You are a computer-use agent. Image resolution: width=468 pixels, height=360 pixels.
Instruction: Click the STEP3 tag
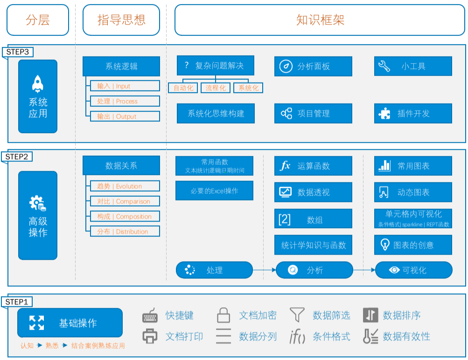(x=18, y=52)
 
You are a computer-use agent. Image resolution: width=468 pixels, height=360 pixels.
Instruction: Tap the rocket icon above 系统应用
(x=38, y=84)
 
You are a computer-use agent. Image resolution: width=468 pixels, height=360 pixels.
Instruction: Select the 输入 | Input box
(x=125, y=86)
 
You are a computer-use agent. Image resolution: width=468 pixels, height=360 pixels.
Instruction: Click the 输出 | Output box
(x=125, y=116)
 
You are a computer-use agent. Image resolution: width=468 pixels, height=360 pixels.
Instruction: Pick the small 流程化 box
(x=216, y=88)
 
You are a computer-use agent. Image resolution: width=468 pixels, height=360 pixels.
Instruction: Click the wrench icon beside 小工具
(x=384, y=66)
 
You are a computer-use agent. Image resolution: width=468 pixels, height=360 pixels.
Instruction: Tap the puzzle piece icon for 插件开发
(x=384, y=113)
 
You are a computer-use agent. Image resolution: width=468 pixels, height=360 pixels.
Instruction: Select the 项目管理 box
(x=313, y=113)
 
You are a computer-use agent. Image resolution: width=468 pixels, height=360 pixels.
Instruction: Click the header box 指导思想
(x=121, y=20)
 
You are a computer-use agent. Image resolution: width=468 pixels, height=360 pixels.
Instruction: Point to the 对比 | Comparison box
(x=125, y=201)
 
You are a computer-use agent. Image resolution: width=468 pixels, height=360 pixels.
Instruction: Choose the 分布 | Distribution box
(x=125, y=231)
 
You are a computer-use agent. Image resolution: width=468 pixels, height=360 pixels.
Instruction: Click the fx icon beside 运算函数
(x=286, y=166)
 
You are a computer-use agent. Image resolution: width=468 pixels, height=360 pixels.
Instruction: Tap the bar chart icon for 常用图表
(x=384, y=166)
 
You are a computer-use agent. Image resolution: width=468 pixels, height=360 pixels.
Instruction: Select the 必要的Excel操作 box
(x=214, y=191)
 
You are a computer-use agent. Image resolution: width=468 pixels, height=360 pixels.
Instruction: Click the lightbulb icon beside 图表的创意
(x=385, y=245)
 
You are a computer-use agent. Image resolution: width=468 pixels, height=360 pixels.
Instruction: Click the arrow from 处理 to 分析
(x=264, y=270)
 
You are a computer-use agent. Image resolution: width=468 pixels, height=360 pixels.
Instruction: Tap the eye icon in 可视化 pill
(x=394, y=270)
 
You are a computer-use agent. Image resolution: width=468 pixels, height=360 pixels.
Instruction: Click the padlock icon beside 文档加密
(x=223, y=315)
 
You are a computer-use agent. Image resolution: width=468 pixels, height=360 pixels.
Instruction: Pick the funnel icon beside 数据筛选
(x=297, y=315)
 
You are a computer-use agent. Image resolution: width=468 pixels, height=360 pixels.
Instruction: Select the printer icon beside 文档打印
(x=150, y=336)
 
